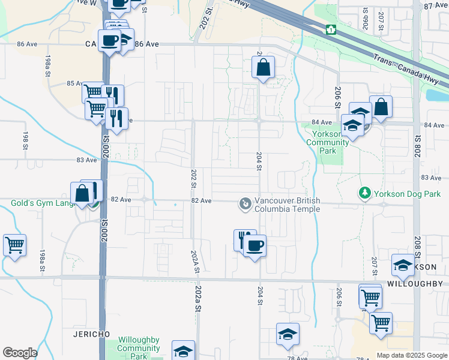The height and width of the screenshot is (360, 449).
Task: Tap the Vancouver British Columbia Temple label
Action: (287, 205)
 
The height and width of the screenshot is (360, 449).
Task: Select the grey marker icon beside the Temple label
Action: (244, 205)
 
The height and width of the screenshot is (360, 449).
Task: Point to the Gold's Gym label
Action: (42, 203)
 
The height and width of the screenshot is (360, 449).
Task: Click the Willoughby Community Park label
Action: (139, 348)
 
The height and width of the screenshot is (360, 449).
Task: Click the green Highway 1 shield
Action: (330, 29)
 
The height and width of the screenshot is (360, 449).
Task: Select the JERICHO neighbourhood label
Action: (89, 333)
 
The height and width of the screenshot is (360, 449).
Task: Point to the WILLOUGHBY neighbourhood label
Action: (414, 283)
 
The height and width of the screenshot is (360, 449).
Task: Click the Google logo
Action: (20, 353)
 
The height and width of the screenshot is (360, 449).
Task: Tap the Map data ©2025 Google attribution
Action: (411, 355)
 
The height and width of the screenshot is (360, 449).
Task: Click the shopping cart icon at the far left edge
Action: (14, 245)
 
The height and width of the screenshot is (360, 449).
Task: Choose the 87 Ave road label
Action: (435, 5)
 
